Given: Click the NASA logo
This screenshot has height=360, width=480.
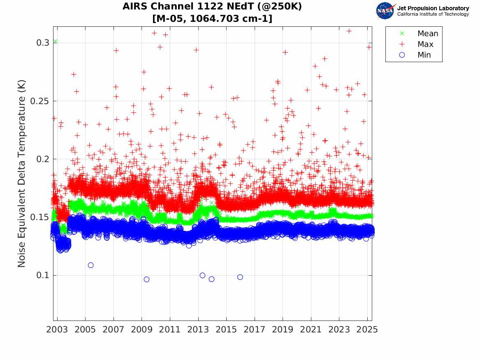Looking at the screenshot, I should (x=385, y=11).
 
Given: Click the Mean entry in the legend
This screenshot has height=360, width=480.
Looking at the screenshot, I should (x=427, y=34).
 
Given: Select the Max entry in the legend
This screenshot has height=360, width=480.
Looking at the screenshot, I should (x=425, y=44).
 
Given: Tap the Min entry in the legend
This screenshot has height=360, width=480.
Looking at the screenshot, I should (x=424, y=55).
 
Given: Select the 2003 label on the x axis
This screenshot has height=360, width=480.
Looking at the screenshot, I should (x=57, y=330).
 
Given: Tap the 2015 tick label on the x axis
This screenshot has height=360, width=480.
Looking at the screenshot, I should (x=226, y=330).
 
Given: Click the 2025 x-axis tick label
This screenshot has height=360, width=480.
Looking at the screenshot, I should (x=367, y=330).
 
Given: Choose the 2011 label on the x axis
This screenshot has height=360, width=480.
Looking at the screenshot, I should (x=170, y=330).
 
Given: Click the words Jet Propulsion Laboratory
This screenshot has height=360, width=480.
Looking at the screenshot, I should (x=433, y=8).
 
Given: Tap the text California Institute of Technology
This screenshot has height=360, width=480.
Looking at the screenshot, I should (x=433, y=14).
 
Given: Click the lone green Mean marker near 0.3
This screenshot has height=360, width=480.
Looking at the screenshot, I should (x=55, y=42).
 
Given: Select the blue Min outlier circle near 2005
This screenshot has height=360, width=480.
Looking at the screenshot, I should (x=90, y=265).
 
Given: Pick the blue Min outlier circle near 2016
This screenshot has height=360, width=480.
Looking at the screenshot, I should (x=240, y=277).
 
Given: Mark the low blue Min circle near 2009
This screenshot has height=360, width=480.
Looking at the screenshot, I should (x=146, y=279).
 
